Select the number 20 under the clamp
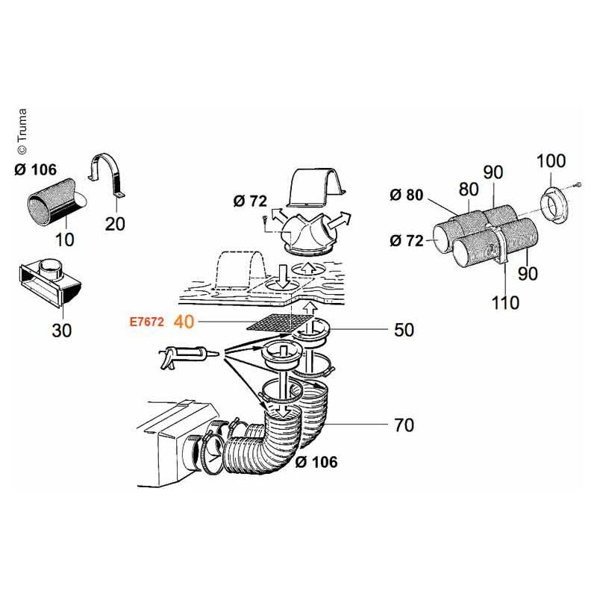(x=115, y=223)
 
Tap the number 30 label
(x=62, y=329)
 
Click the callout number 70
(x=404, y=426)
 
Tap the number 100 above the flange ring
(x=551, y=160)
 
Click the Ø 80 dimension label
(x=406, y=196)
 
